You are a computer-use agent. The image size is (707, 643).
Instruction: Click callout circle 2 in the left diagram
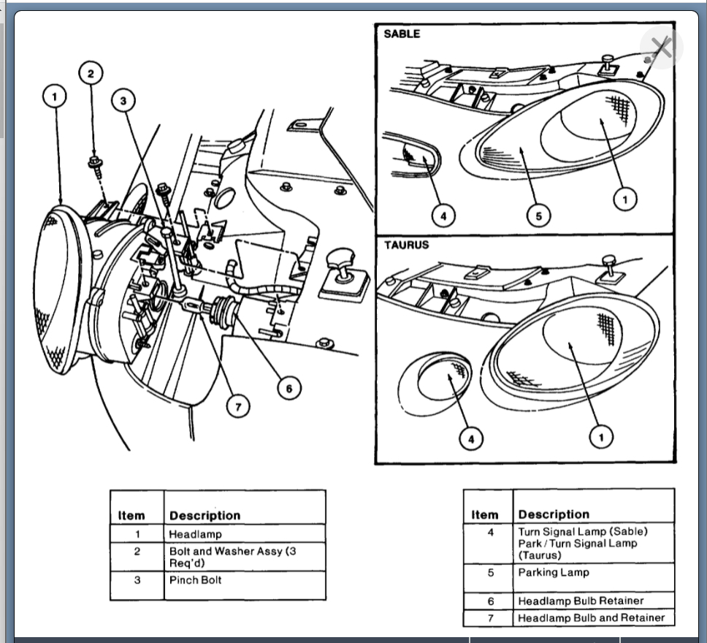tap(91, 73)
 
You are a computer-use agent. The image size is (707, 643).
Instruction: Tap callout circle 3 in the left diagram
tap(123, 101)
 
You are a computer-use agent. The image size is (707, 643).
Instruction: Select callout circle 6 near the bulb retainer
tap(289, 389)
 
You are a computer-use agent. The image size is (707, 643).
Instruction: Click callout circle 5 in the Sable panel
tap(538, 216)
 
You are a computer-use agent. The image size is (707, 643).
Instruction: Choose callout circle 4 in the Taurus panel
tap(471, 438)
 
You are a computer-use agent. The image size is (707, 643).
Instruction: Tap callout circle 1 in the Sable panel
tap(624, 198)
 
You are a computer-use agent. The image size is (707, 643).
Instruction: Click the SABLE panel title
tap(402, 34)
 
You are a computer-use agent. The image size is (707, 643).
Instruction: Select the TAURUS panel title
tap(407, 245)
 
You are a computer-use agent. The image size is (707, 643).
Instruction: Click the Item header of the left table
tap(131, 516)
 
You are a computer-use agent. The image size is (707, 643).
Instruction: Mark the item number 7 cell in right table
tap(491, 618)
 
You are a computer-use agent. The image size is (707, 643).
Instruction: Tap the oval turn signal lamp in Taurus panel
tap(436, 381)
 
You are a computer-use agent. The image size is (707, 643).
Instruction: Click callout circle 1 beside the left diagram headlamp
tap(55, 96)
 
